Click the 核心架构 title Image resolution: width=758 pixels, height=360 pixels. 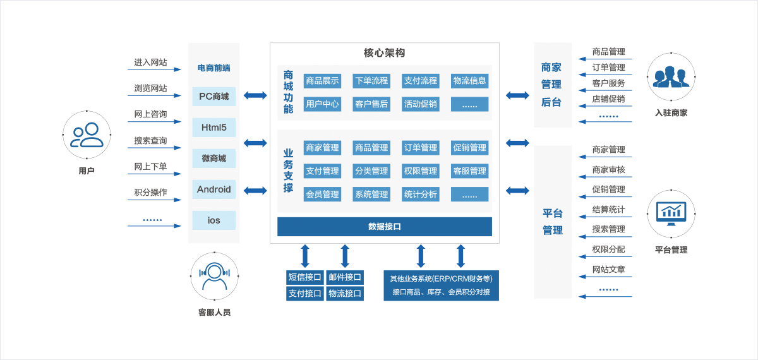384,53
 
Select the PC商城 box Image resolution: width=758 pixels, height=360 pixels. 214,97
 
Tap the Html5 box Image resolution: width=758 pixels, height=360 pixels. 214,128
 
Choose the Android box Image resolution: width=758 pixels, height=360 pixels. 214,189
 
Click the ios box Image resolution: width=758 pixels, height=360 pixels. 214,220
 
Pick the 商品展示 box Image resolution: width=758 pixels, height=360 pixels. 322,81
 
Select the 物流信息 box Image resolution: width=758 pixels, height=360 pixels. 469,81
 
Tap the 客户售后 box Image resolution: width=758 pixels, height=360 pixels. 371,104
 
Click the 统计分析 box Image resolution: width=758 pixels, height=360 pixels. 421,195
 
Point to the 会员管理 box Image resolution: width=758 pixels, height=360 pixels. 322,195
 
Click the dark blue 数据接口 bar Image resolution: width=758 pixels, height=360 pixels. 384,227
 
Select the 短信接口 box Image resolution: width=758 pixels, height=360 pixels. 305,277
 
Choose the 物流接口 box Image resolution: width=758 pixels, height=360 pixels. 345,294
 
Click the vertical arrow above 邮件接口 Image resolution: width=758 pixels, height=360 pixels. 345,256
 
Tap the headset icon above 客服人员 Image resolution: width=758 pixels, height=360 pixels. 214,276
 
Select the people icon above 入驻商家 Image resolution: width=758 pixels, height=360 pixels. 671,76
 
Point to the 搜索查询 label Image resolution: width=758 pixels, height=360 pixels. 150,141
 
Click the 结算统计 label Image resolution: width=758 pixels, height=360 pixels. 608,210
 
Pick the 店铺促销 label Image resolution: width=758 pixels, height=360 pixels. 608,99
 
